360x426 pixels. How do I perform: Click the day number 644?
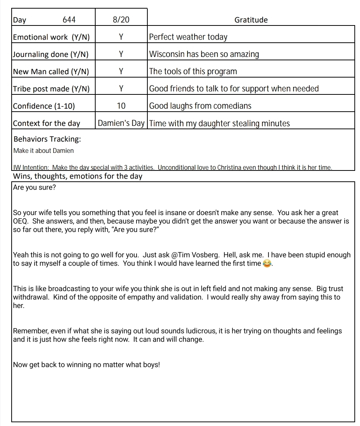pos(69,20)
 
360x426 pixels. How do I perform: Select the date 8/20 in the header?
pos(121,20)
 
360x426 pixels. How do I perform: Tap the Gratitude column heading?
pos(251,20)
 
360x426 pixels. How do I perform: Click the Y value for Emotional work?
pos(121,37)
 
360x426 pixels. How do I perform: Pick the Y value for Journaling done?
pos(121,54)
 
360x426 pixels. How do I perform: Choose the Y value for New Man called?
pos(121,72)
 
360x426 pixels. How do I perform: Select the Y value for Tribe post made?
pos(121,89)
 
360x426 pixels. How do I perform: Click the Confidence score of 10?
pos(121,106)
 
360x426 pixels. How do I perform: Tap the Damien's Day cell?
pos(121,123)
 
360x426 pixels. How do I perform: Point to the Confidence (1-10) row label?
pos(44,106)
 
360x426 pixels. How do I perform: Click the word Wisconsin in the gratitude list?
pos(167,54)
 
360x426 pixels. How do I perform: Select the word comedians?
pos(232,106)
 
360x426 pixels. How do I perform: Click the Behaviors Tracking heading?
pos(47,139)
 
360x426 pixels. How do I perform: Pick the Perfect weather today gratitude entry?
pos(188,37)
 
